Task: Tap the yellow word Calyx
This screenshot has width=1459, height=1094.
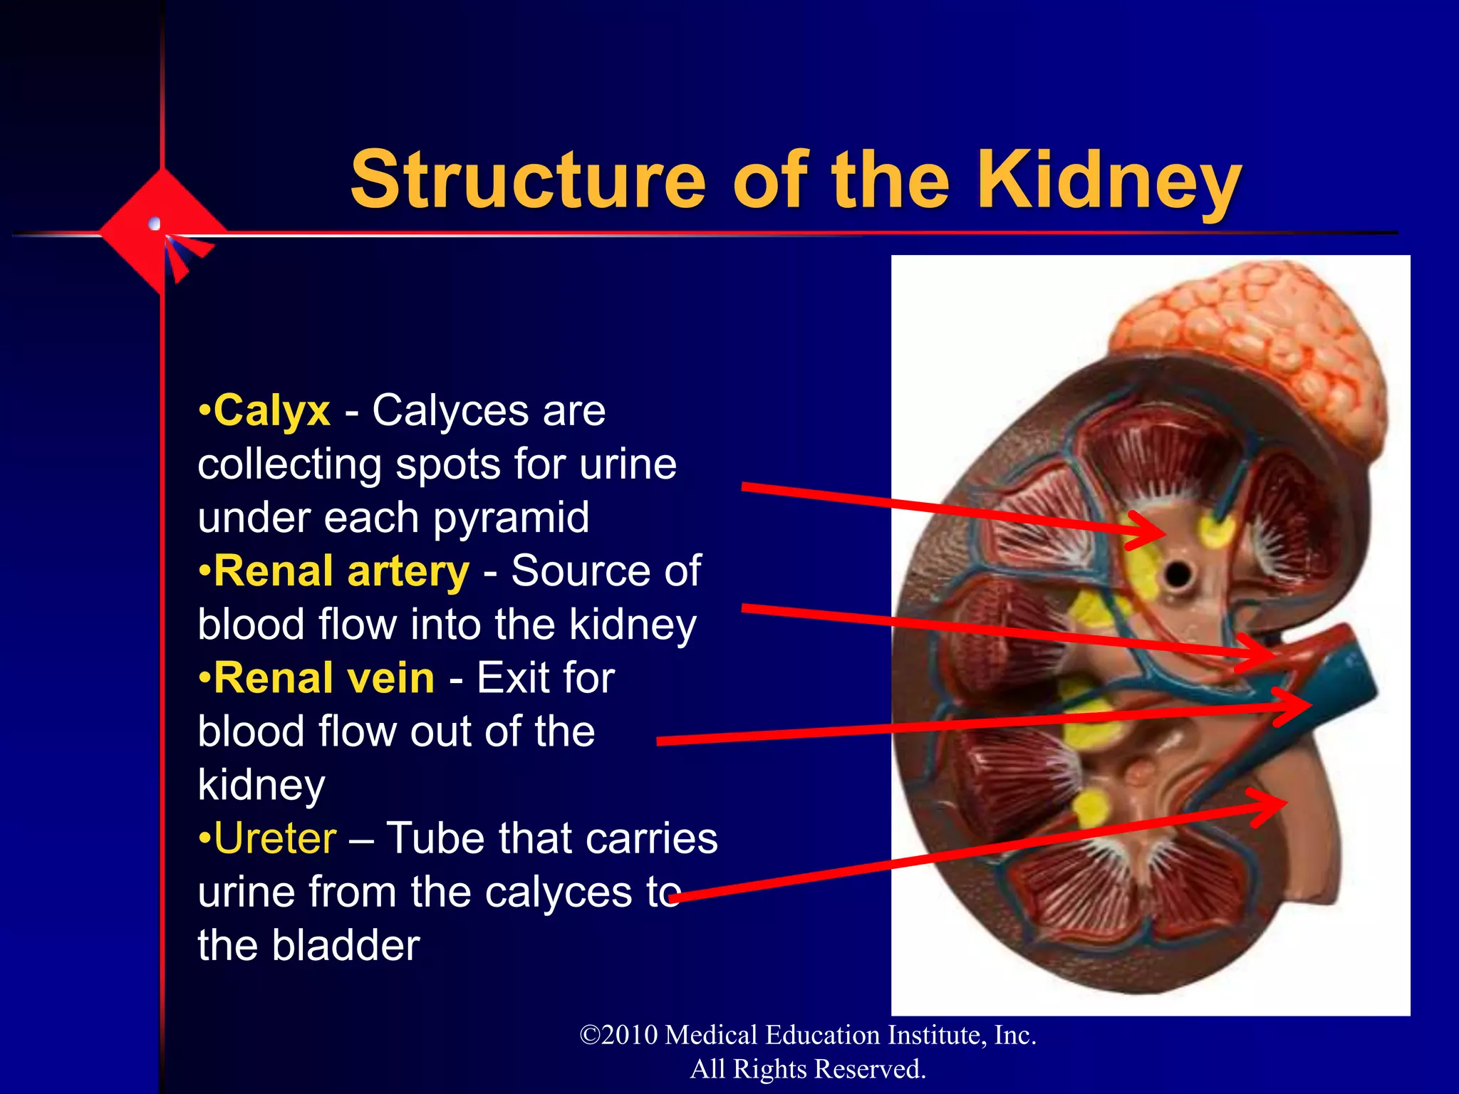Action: click(x=272, y=411)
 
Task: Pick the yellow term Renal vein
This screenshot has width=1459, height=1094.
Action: click(x=324, y=678)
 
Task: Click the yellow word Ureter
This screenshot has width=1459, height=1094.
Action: click(x=275, y=838)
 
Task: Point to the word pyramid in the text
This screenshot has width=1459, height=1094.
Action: click(x=511, y=518)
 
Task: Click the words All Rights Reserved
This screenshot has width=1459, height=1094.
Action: click(x=808, y=1069)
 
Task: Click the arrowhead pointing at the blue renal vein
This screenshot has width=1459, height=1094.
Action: click(x=1300, y=706)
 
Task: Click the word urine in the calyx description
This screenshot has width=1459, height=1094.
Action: click(x=627, y=464)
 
